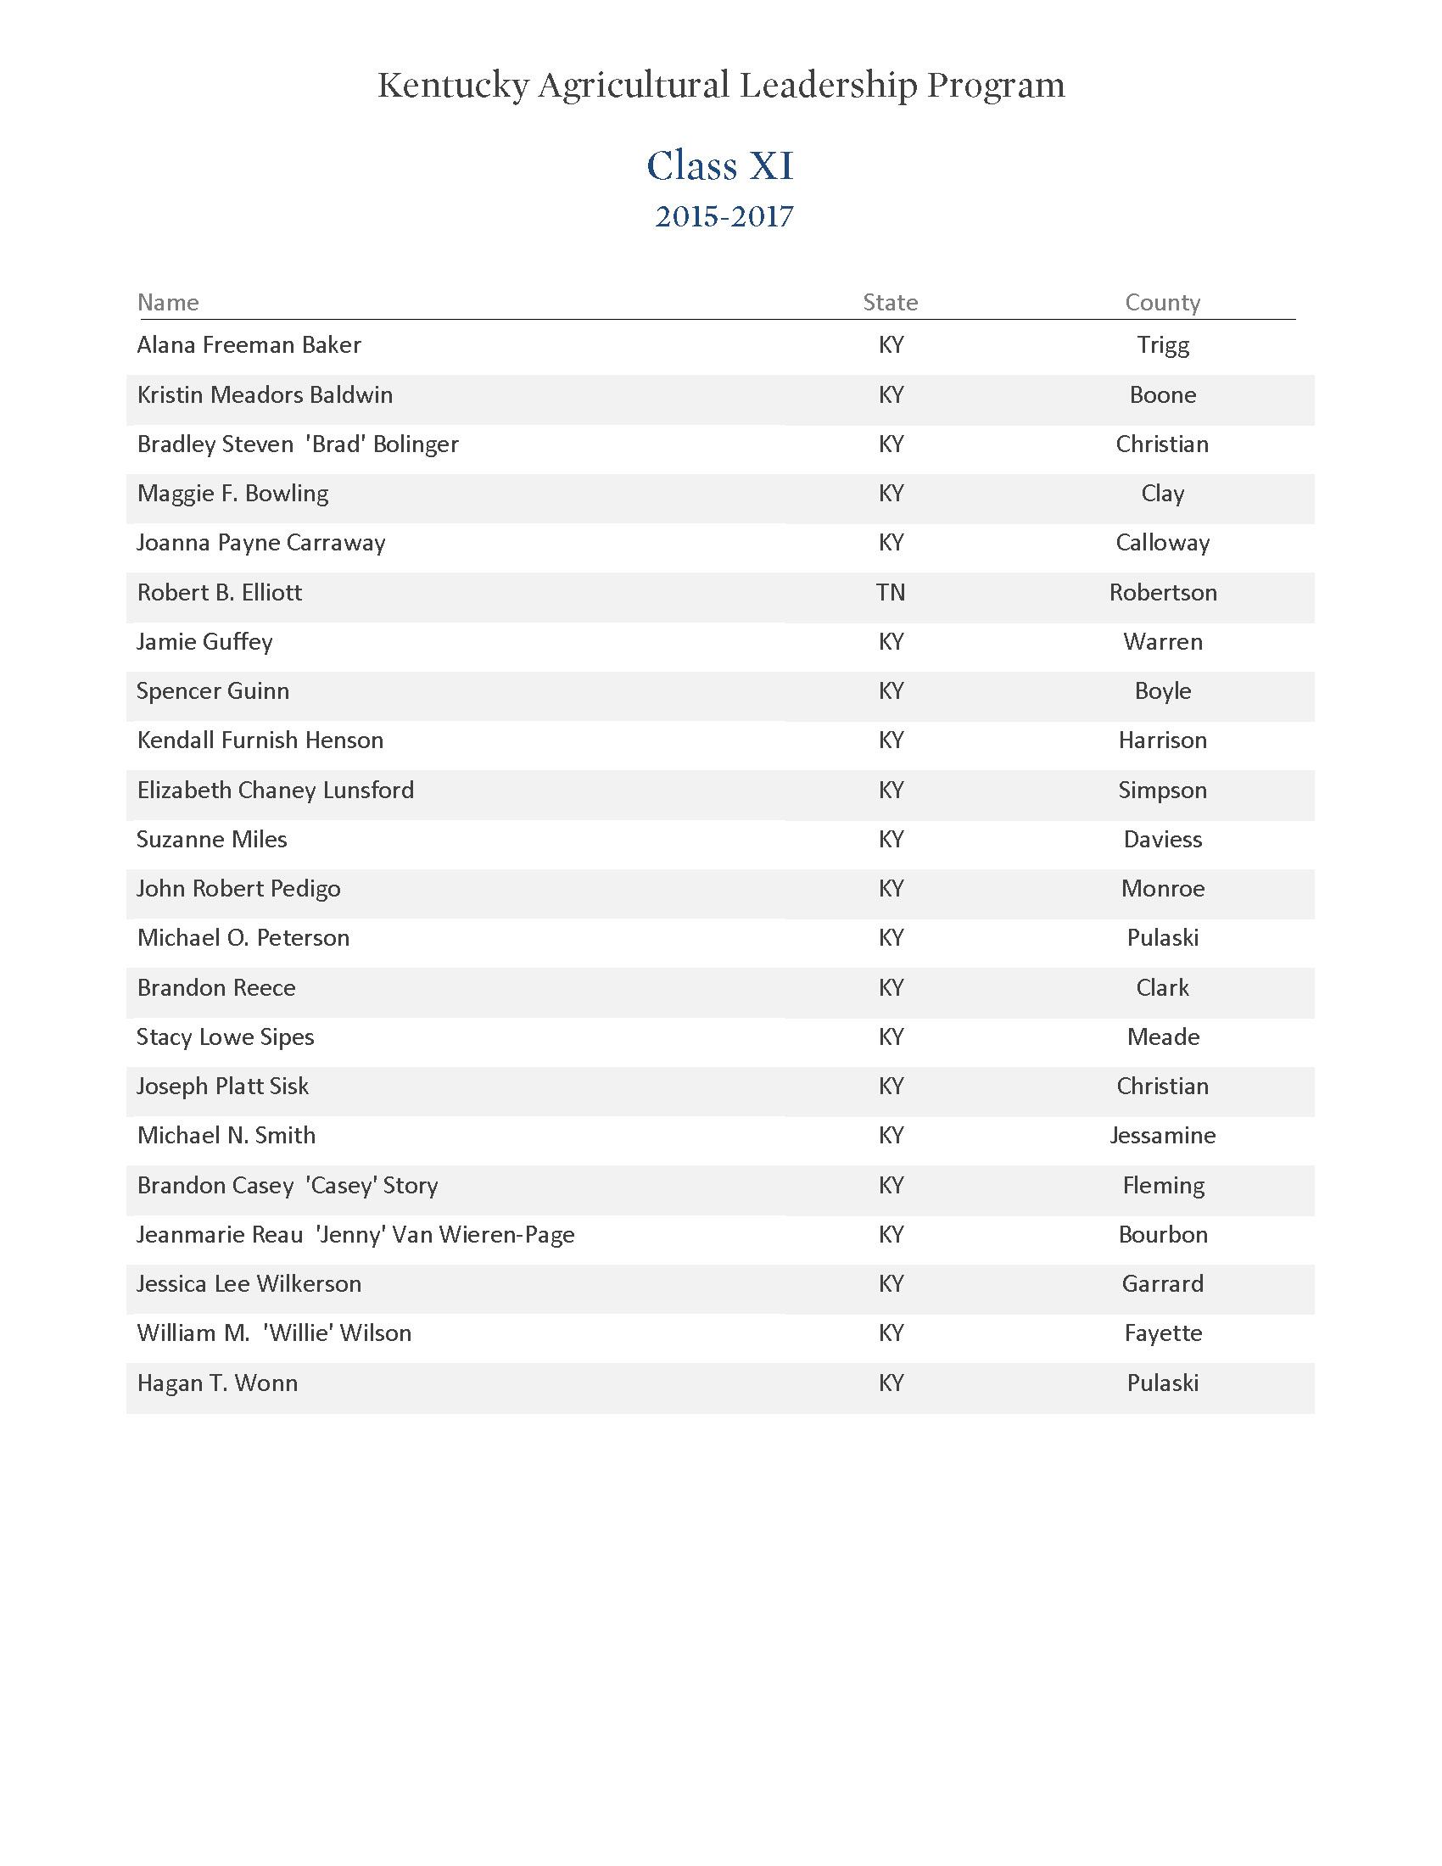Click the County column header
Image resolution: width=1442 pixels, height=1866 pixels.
coord(1162,303)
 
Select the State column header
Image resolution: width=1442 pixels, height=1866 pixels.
coord(890,303)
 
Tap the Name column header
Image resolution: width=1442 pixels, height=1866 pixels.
coord(168,303)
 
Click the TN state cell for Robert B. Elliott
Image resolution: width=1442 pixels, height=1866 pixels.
coord(890,592)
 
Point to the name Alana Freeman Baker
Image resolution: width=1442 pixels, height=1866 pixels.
coord(249,345)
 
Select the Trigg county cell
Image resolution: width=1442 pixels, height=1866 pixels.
coord(1163,345)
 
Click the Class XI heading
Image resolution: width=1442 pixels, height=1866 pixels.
coord(720,165)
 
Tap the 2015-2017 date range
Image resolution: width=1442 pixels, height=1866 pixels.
coord(724,217)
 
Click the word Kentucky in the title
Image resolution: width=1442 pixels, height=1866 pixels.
coord(453,86)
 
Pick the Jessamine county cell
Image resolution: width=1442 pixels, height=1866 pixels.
coord(1163,1136)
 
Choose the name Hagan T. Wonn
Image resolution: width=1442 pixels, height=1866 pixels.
coord(217,1383)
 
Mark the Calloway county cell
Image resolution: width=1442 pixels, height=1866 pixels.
coord(1163,543)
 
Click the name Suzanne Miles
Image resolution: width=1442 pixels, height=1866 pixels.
coord(212,839)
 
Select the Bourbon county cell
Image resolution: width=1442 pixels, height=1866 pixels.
coord(1163,1235)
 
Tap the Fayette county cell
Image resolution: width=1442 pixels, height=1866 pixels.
coord(1163,1332)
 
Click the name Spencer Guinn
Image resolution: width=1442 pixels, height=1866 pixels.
coord(213,690)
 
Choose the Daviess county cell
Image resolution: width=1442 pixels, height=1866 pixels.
coord(1163,839)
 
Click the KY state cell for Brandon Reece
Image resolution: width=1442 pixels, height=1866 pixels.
coord(890,987)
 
